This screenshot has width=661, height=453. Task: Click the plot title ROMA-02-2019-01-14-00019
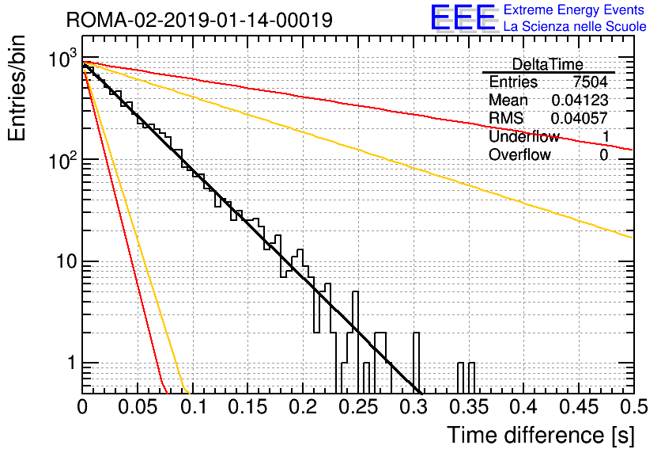click(x=199, y=20)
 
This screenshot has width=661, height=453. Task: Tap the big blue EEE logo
click(x=463, y=18)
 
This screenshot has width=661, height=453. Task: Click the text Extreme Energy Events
click(x=574, y=10)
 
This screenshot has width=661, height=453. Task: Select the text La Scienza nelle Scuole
click(x=575, y=27)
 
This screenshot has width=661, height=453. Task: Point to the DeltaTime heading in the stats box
click(x=547, y=65)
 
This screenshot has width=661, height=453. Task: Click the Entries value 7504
click(x=590, y=82)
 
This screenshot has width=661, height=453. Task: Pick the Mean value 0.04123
click(x=580, y=100)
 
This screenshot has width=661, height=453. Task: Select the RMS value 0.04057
click(x=580, y=118)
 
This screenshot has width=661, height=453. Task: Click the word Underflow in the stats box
click(x=524, y=136)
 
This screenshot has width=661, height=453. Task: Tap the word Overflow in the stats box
click(x=519, y=154)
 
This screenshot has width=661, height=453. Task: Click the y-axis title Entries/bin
click(x=17, y=89)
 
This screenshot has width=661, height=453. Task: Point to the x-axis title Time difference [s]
click(x=541, y=435)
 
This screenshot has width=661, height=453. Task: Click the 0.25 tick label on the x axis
click(x=359, y=407)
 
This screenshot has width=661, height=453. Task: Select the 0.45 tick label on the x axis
click(x=580, y=407)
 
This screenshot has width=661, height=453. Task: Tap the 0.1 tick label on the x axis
click(x=195, y=407)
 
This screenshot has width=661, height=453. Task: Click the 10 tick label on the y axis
click(x=66, y=262)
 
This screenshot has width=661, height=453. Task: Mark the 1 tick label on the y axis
click(x=71, y=363)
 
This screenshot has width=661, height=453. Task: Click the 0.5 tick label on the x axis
click(x=634, y=407)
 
